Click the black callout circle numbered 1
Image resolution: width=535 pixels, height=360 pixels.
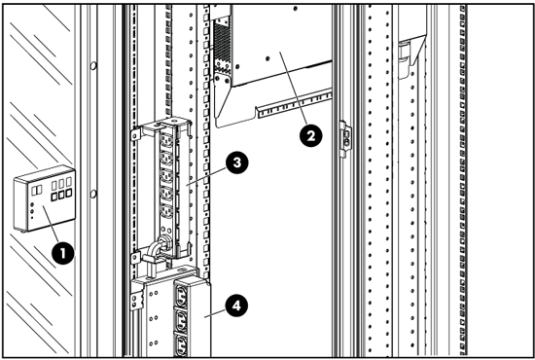point(63,253)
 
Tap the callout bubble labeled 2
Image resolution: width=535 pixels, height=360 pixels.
point(311,136)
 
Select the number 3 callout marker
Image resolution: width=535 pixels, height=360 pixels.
point(236,162)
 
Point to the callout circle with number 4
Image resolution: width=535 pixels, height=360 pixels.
point(236,306)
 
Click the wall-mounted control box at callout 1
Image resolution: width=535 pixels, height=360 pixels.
point(45,198)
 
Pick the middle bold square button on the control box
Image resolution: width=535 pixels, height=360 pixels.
point(61,195)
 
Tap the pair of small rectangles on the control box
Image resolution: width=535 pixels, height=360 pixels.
point(37,190)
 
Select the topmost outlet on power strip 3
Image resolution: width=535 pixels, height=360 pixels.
point(166,140)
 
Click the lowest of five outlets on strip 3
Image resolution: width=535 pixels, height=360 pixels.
point(167,211)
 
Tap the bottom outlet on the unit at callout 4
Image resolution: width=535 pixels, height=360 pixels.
point(182,345)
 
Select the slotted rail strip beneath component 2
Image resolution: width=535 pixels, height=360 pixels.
point(295,103)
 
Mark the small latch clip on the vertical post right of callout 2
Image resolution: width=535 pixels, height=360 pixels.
point(345,138)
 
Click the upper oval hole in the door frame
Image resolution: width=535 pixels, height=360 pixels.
point(93,65)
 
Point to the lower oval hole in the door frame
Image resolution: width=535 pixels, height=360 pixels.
point(93,195)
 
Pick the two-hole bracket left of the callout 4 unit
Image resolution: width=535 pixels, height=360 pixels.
point(136,299)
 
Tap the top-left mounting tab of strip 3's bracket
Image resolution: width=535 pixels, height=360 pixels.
point(136,134)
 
